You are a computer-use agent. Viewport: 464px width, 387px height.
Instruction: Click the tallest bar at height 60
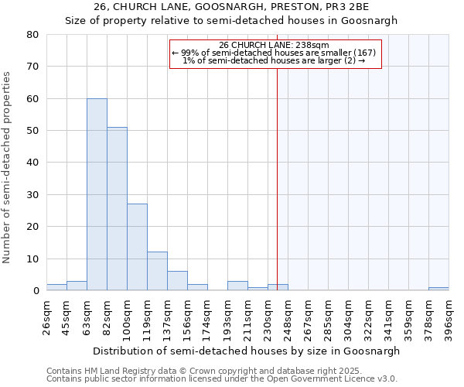coord(97,194)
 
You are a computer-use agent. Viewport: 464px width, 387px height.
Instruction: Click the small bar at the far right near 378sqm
coord(438,289)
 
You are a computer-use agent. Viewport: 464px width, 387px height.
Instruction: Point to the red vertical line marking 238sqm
coord(277,170)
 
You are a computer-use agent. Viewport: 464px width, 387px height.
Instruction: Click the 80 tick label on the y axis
coord(32,35)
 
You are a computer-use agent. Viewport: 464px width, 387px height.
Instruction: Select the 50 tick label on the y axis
coord(32,131)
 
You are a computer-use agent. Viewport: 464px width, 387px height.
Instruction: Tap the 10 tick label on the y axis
coord(32,259)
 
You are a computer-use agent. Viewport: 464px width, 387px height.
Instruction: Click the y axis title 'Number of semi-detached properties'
coord(8,166)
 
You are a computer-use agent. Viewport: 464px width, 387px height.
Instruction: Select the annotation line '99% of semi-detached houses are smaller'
coord(274,53)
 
